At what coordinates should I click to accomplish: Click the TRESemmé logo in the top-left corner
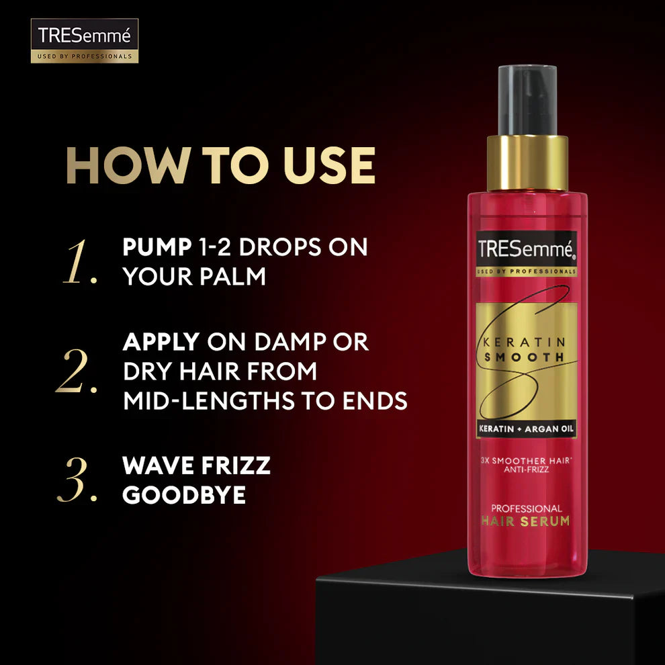point(84,41)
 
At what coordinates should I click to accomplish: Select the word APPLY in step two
point(161,342)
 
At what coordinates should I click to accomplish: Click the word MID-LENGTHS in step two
point(210,401)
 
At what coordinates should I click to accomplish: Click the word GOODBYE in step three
point(183,495)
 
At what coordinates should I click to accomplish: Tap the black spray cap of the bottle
point(527,100)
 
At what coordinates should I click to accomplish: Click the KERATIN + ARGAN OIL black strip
point(527,429)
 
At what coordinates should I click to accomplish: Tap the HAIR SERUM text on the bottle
point(527,521)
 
